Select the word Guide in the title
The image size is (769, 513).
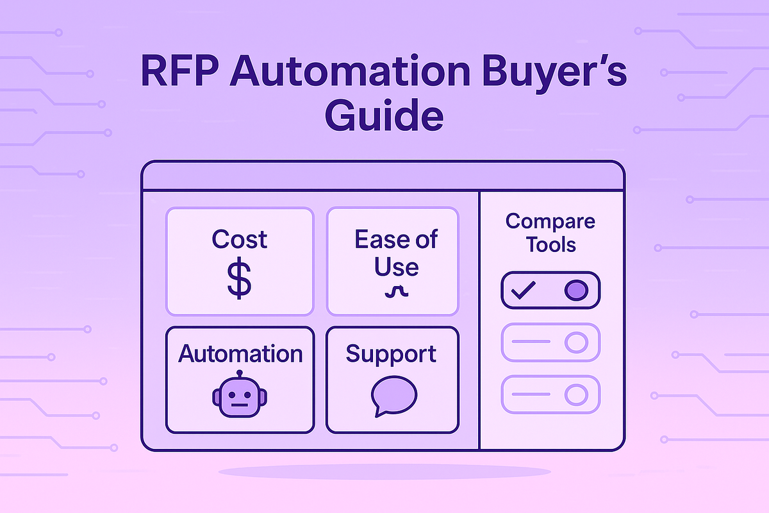pos(384,117)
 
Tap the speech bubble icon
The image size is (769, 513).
pos(393,396)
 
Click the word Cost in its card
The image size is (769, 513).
pos(240,239)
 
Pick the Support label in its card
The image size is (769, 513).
pos(392,353)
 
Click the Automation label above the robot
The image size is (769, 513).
pos(240,353)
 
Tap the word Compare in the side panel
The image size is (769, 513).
pos(550,222)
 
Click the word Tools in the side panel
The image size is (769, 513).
pos(550,244)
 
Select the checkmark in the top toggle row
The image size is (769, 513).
pos(523,290)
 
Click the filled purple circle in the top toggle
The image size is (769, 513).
pos(575,290)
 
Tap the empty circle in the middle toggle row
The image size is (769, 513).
pos(575,342)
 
